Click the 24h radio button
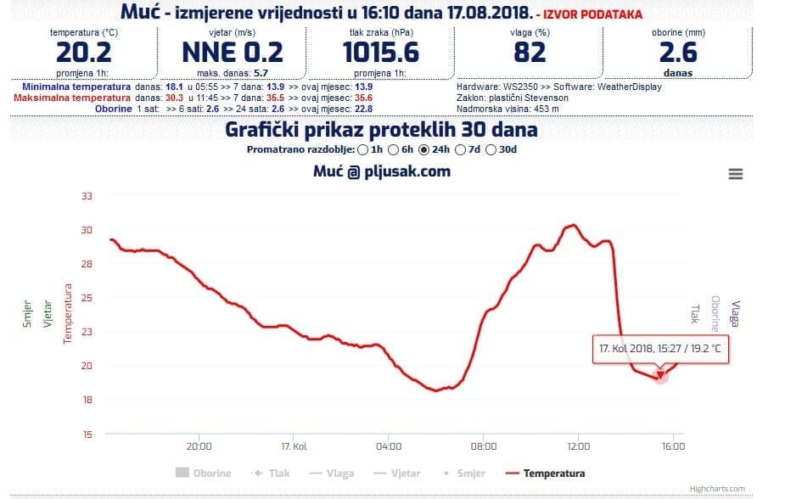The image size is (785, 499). pos(424,149)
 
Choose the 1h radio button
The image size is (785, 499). pos(363,149)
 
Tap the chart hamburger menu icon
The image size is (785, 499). pos(736,174)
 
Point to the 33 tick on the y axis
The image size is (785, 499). pos(86,196)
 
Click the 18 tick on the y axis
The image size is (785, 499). pos(86,400)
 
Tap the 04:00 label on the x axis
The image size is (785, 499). pos(388,446)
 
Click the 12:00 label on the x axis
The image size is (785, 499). pos(577,446)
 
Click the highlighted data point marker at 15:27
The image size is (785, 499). pos(660,375)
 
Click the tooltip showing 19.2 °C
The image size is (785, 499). pos(660,349)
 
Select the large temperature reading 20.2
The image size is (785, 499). pos(84,53)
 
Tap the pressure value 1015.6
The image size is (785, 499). pos(381,53)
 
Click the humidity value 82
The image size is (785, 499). pos(530,53)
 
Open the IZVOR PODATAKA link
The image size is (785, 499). pos(594,15)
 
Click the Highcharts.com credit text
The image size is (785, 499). pos(717,489)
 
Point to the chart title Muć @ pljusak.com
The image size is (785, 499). pos(382,171)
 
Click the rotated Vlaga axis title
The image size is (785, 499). pos(735,313)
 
